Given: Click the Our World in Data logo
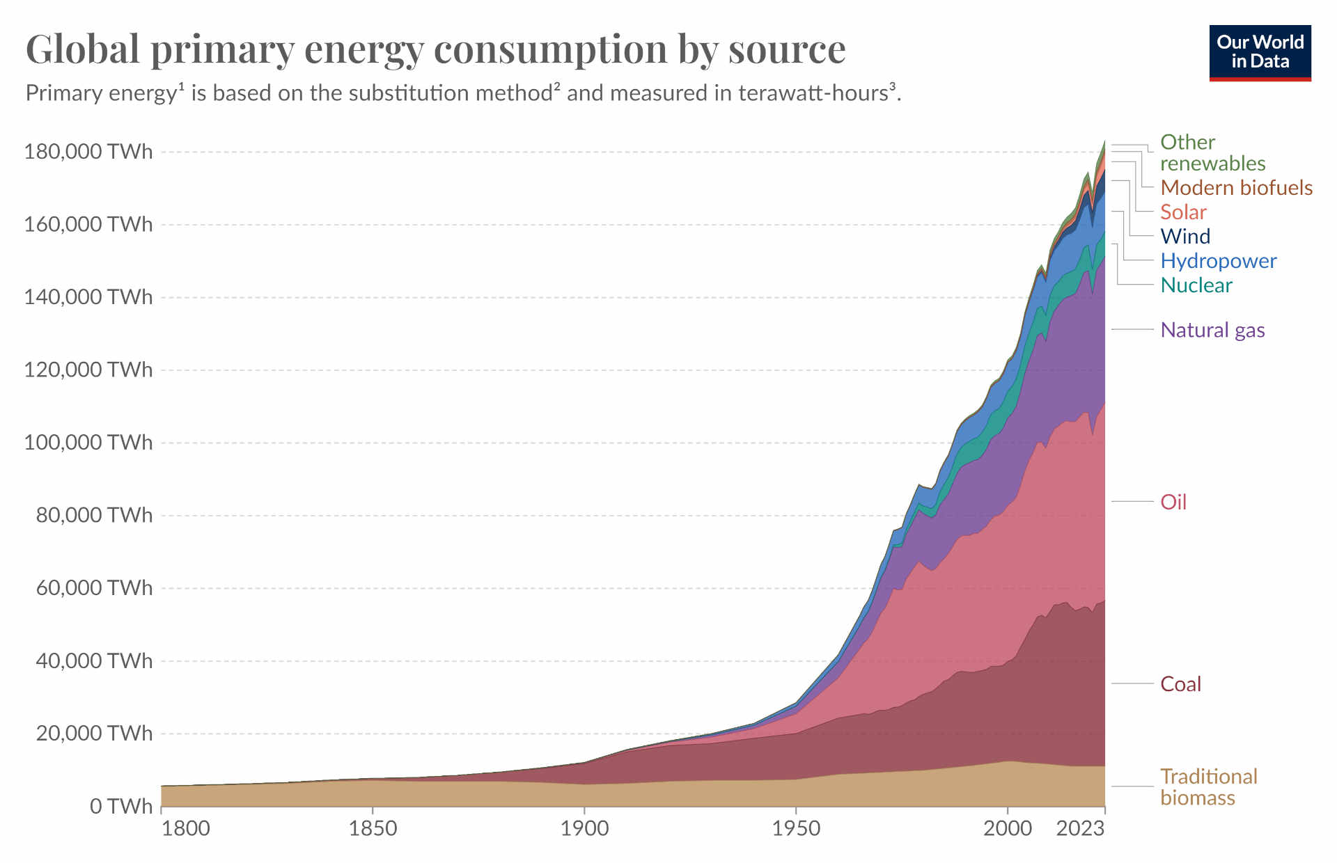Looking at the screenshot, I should [1260, 52].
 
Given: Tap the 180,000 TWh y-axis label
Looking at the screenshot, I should [88, 151].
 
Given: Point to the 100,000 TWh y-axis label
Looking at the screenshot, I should [88, 442].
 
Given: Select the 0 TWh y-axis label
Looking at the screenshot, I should [120, 806].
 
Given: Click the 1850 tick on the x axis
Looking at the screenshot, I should [373, 828].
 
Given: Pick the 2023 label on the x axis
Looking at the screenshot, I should [1080, 828].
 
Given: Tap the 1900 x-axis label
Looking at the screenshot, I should [584, 828].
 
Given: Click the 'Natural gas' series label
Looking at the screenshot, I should [1212, 330].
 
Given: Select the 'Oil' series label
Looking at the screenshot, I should [1173, 502].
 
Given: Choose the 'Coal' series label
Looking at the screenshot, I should [1180, 684].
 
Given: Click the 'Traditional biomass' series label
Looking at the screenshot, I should [1208, 787].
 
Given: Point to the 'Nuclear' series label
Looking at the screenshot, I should [1196, 285].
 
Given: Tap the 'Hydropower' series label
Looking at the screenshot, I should [1218, 261].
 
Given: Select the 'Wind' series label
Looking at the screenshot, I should [1185, 237].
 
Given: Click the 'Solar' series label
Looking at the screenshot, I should [1183, 212].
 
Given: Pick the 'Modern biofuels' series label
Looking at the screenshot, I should [1236, 188].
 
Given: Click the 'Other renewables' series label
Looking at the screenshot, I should [1212, 152].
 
